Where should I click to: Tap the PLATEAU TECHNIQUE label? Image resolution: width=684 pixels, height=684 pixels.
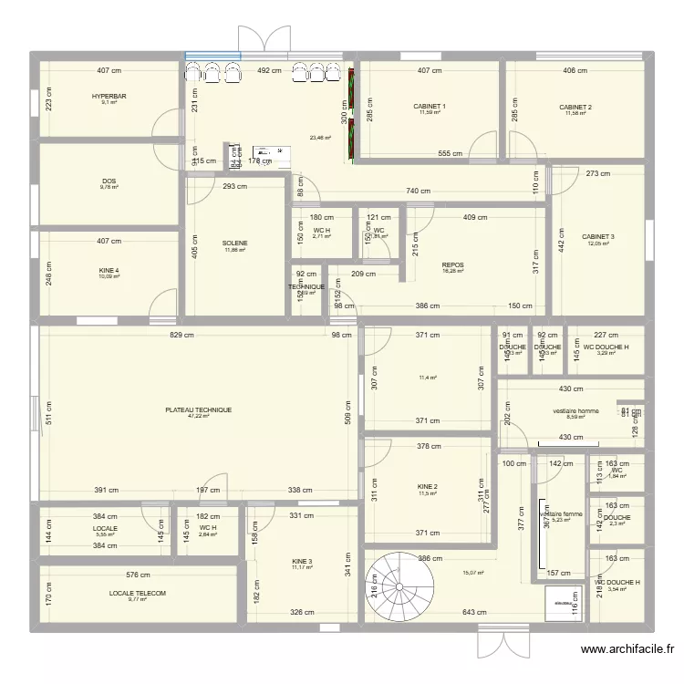(198, 410)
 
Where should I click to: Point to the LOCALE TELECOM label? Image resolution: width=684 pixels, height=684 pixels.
(138, 593)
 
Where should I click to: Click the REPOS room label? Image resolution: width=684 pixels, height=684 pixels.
(452, 265)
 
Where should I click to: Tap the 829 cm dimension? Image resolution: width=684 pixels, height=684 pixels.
(182, 336)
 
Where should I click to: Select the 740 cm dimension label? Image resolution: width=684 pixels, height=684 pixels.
(419, 192)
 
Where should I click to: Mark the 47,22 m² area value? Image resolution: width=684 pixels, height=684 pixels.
(198, 417)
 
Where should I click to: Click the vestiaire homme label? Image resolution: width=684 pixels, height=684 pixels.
(575, 411)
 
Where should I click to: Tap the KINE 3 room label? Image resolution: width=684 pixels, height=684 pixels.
(302, 561)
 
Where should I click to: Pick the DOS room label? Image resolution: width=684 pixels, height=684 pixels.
(109, 181)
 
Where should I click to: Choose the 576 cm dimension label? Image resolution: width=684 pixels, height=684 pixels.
(138, 575)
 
